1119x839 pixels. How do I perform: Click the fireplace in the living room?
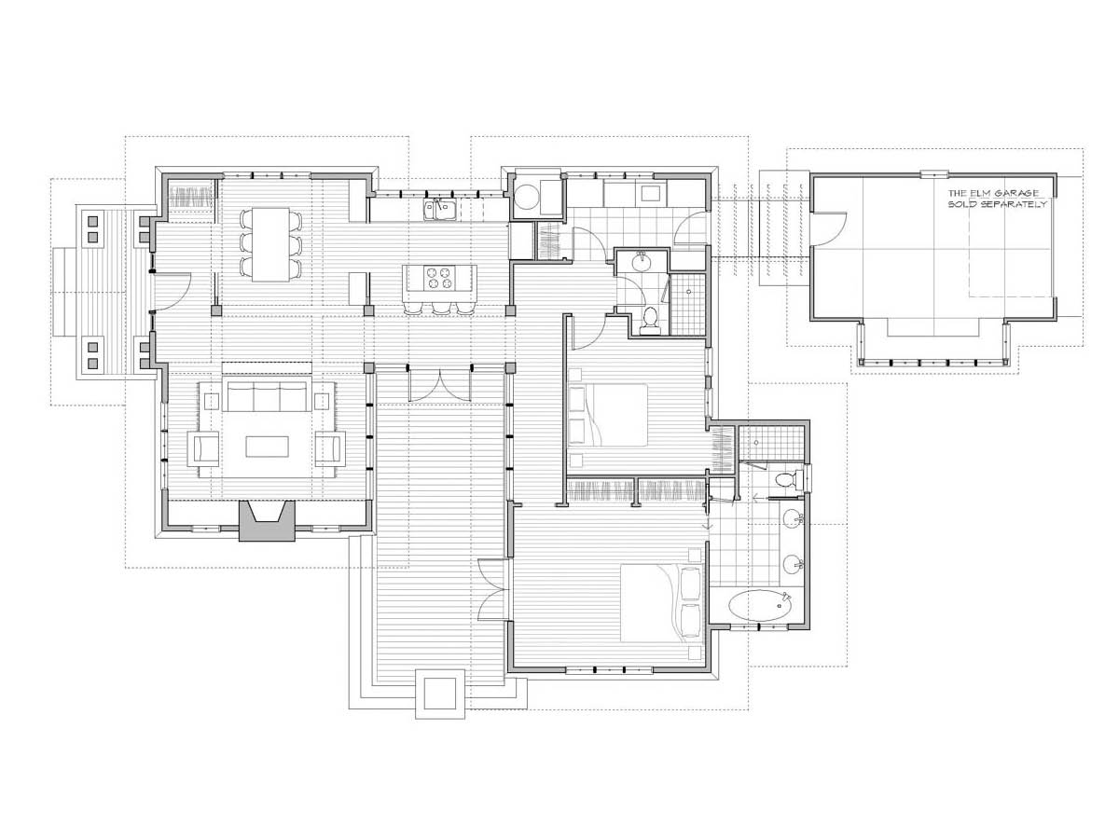pyautogui.click(x=267, y=519)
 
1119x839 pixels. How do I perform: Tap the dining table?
pyautogui.click(x=270, y=244)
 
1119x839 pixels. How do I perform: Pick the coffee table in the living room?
pyautogui.click(x=267, y=447)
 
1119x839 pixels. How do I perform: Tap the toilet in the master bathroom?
pyautogui.click(x=785, y=479)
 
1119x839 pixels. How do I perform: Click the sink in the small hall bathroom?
pyautogui.click(x=642, y=262)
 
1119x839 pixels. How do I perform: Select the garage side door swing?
pyautogui.click(x=829, y=228)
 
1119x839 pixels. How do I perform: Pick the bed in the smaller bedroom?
pyautogui.click(x=608, y=415)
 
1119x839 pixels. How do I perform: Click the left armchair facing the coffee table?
pyautogui.click(x=204, y=448)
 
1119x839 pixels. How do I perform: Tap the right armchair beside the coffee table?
pyautogui.click(x=330, y=448)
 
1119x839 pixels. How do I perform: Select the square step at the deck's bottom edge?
pyautogui.click(x=440, y=695)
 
